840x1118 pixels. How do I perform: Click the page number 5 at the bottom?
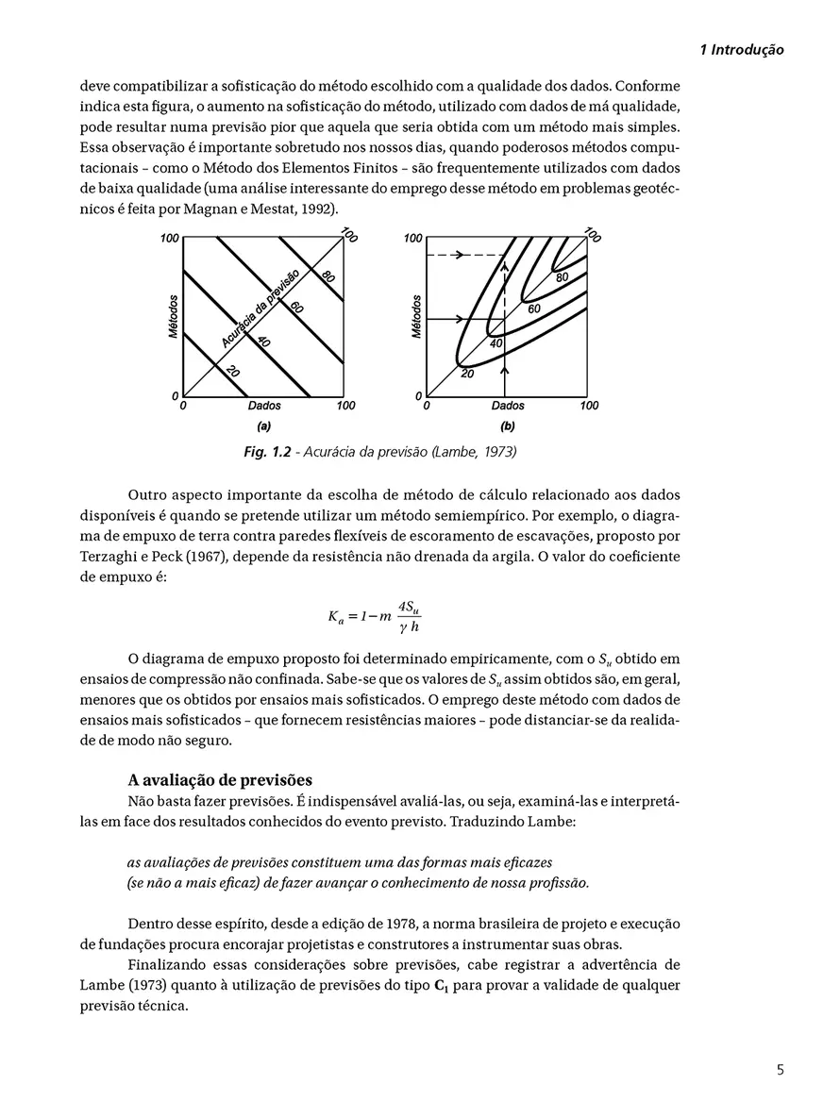click(x=779, y=1069)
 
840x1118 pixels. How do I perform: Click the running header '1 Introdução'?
click(x=742, y=50)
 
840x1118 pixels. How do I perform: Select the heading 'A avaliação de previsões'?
click(x=219, y=780)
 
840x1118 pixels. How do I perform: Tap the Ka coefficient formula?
click(x=379, y=618)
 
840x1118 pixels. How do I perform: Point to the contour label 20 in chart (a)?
click(x=231, y=373)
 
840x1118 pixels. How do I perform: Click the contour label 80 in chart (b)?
click(x=562, y=277)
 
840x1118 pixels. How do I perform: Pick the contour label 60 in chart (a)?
click(x=296, y=307)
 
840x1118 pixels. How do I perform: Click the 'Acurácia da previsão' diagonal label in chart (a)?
click(x=260, y=307)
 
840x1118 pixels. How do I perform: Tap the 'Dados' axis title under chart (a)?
click(x=264, y=406)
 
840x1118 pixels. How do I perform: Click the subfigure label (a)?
click(x=264, y=426)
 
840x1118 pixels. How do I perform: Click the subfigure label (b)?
click(x=508, y=426)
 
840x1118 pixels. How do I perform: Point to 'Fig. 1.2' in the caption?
click(x=268, y=452)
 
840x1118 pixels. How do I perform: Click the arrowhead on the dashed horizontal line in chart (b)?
click(x=464, y=255)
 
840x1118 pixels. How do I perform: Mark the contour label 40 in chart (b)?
click(x=496, y=343)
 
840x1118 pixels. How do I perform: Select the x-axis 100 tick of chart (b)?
click(x=588, y=406)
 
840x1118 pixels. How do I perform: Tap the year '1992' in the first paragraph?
click(x=313, y=208)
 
